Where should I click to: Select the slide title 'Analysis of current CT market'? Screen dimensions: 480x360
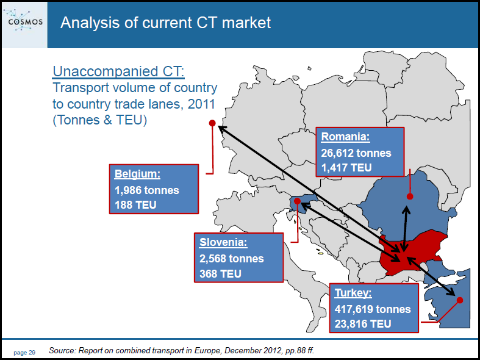166,23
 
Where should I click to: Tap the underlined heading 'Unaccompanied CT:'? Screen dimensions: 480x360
118,71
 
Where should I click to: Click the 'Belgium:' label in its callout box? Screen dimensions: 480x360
137,174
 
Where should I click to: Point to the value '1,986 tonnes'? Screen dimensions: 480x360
147,190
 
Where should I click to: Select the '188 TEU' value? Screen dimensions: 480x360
135,205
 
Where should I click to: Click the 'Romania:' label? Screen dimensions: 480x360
346,137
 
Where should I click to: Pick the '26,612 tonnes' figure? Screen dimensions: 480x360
356,153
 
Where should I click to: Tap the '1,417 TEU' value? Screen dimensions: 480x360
346,168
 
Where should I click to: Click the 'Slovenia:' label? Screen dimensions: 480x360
223,242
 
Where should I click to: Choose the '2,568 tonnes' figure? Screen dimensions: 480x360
232,259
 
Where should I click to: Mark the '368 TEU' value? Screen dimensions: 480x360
220,274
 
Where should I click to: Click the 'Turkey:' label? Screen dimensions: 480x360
353,293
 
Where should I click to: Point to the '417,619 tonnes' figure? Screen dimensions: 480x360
373,309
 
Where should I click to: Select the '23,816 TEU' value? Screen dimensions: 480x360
363,324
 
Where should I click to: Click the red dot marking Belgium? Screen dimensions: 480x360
212,123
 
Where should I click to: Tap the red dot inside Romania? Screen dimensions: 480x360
410,196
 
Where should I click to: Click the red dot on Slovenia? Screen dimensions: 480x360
297,201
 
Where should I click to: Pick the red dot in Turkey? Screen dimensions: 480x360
459,300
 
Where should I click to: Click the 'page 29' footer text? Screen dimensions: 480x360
24,353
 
